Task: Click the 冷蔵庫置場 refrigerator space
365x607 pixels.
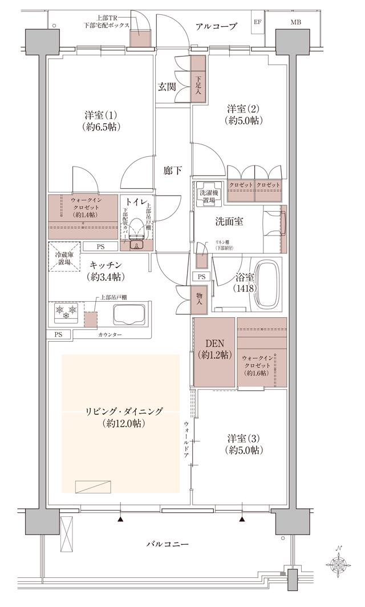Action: point(63,257)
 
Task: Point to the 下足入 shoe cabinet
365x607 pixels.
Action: point(198,84)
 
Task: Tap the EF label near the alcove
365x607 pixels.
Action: point(257,23)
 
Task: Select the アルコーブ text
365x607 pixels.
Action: point(216,26)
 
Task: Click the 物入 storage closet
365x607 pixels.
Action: point(198,298)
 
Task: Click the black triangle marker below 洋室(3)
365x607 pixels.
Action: point(242,519)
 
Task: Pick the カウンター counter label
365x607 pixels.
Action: point(109,334)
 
